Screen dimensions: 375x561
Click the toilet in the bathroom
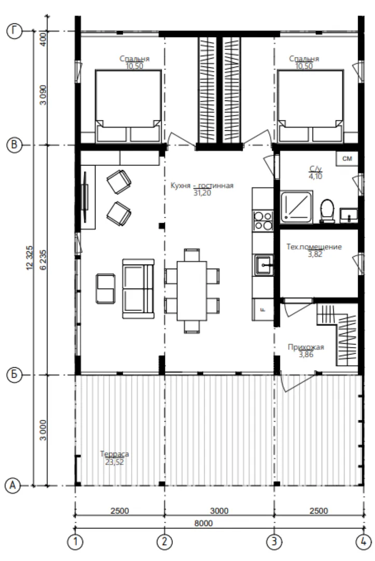327,211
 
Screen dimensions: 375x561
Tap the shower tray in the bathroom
297,207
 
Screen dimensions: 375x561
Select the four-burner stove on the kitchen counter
263,220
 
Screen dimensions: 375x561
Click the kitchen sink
263,265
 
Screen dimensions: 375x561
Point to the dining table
192,291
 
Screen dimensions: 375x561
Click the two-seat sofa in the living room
138,289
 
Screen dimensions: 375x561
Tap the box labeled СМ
347,158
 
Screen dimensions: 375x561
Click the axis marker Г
15,31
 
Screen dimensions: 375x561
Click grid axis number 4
363,542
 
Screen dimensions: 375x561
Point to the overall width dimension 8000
203,523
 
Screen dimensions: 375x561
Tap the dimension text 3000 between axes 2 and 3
219,511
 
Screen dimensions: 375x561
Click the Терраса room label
115,454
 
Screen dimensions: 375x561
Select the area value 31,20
202,193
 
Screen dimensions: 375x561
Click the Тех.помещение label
314,247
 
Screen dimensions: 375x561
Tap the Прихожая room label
306,347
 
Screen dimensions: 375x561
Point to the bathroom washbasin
349,215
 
